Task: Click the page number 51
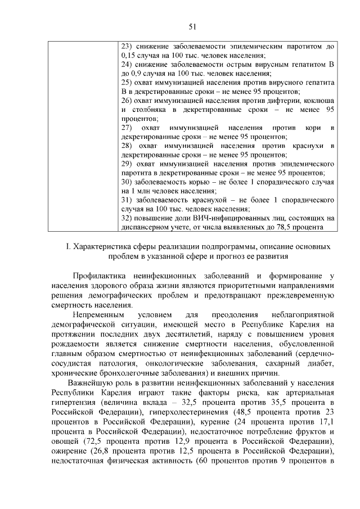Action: point(192,26)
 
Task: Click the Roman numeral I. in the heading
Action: point(69,246)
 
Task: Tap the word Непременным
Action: point(97,315)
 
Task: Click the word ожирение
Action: point(68,453)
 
